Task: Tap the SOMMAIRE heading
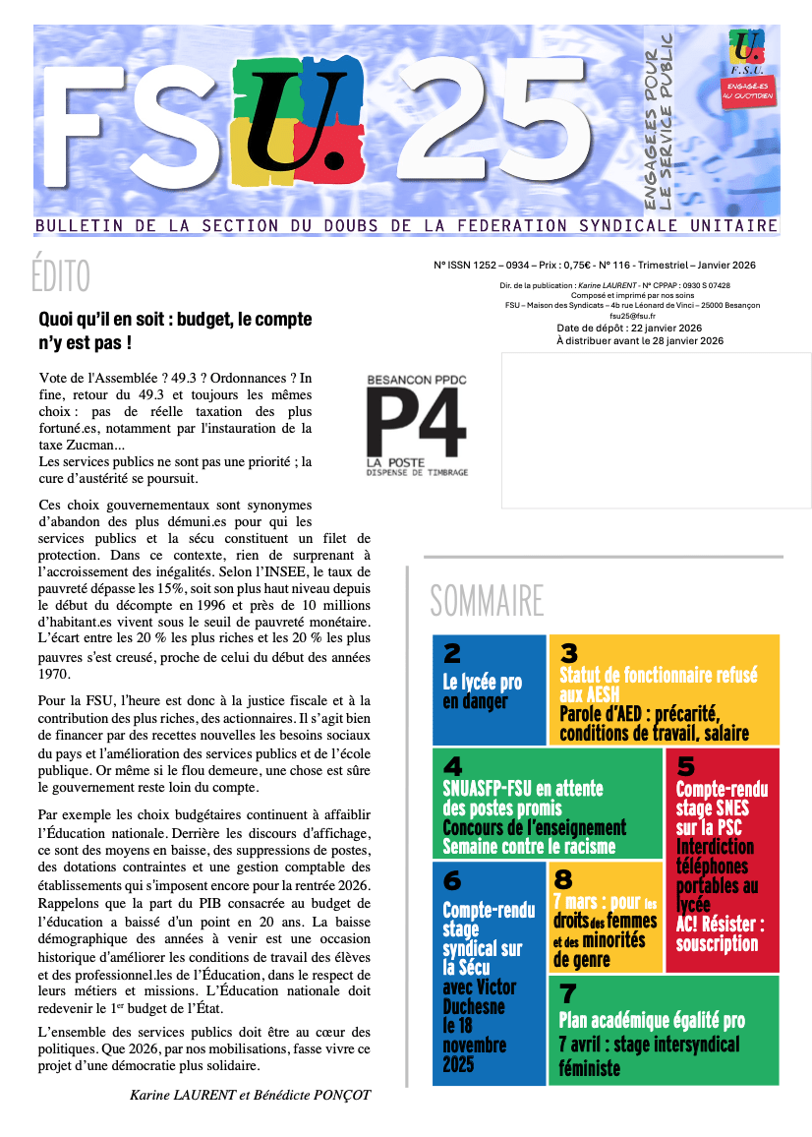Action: [487, 600]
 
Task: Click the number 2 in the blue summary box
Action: [452, 653]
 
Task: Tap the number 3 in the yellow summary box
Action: [568, 653]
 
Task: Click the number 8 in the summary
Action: [563, 878]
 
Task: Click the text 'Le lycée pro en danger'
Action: [482, 691]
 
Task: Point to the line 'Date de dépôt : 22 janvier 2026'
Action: [629, 328]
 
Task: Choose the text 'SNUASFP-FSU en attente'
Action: [523, 789]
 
